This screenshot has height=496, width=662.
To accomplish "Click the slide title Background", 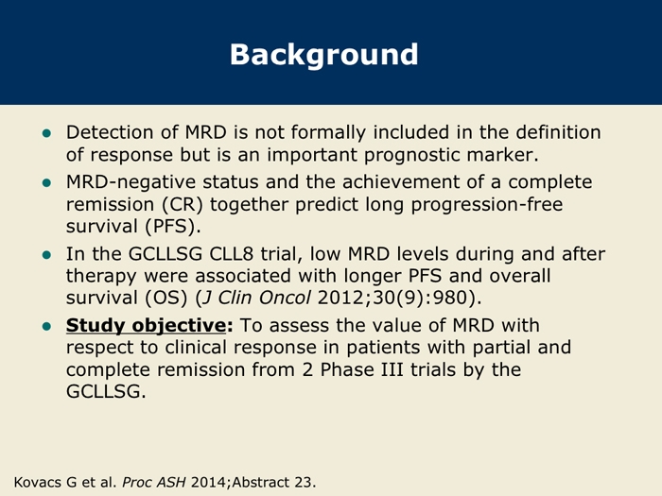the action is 323,55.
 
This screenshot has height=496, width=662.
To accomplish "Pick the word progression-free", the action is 487,205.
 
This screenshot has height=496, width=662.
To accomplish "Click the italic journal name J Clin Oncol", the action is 256,298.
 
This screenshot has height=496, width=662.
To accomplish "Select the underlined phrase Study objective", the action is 146,326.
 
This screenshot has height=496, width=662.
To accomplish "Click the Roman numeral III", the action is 390,370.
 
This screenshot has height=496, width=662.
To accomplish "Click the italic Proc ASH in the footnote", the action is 153,482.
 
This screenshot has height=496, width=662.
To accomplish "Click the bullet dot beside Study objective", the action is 47,327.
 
